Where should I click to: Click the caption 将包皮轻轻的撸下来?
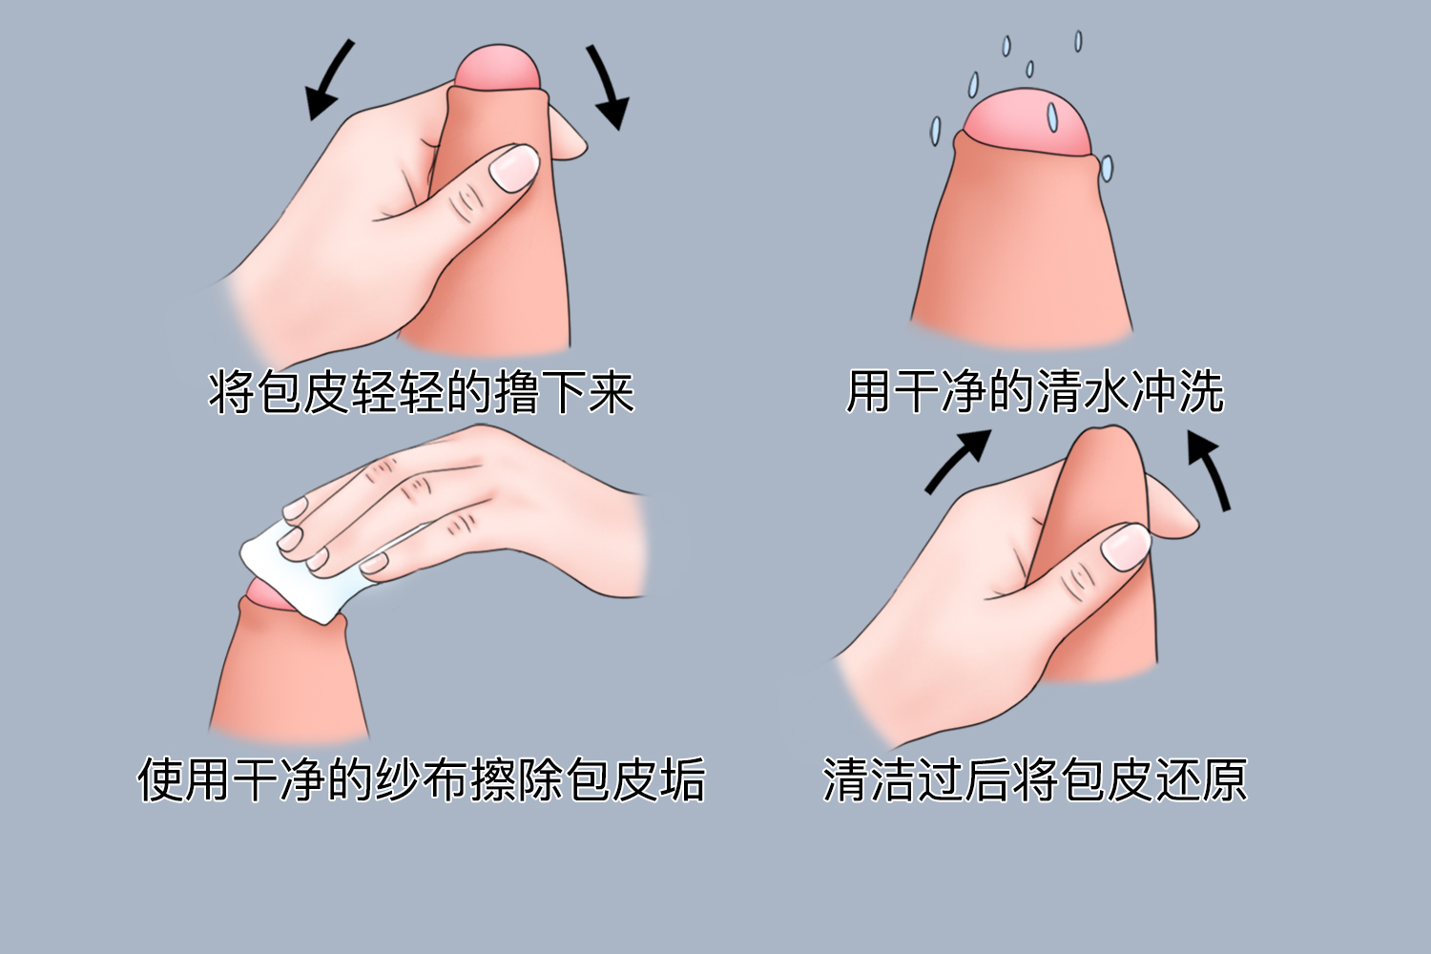click(421, 392)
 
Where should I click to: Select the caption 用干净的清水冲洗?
click(1035, 392)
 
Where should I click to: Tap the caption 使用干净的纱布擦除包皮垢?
click(421, 779)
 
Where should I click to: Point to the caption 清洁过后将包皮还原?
click(1035, 779)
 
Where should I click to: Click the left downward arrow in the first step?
click(328, 81)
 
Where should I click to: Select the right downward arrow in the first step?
click(609, 86)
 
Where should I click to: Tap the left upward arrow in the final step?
click(958, 460)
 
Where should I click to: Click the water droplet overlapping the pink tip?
click(1052, 116)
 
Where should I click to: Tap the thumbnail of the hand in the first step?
click(513, 167)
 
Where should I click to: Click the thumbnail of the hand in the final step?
click(1126, 546)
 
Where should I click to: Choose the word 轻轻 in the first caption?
click(398, 392)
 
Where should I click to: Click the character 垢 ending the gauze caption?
click(682, 779)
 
